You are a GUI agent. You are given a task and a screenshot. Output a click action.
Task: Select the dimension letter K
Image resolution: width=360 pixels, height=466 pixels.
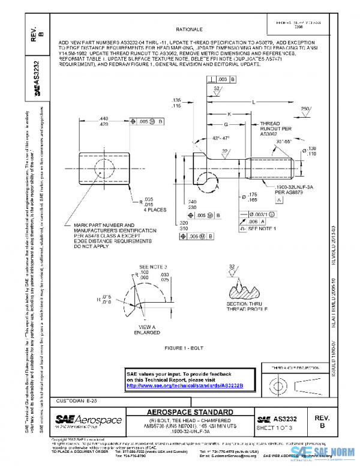tap(229, 113)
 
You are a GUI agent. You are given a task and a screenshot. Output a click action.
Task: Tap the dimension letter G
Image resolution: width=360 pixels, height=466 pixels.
tap(225, 125)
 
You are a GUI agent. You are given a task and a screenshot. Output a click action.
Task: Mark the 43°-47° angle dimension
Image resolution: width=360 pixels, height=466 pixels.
tap(206, 138)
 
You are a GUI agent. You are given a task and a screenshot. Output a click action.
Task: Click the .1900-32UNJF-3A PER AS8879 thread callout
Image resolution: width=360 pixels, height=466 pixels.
tap(281, 190)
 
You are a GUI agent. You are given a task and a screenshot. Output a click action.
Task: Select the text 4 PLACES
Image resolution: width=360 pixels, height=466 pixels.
tap(154, 211)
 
